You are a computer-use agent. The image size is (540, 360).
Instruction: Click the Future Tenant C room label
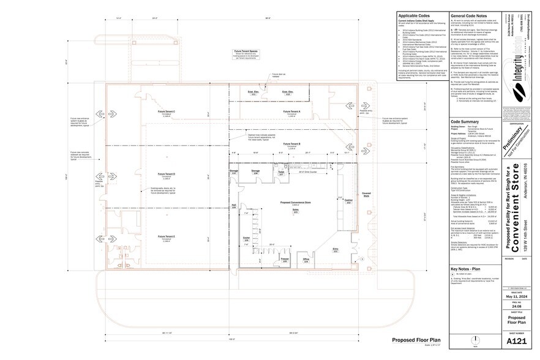(166, 112)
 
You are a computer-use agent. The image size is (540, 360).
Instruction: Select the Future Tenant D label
(166, 174)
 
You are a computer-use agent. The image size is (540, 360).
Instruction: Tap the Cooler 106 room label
(247, 240)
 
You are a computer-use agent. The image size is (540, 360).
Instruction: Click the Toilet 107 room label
(282, 173)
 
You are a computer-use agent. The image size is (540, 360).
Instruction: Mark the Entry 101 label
(335, 250)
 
